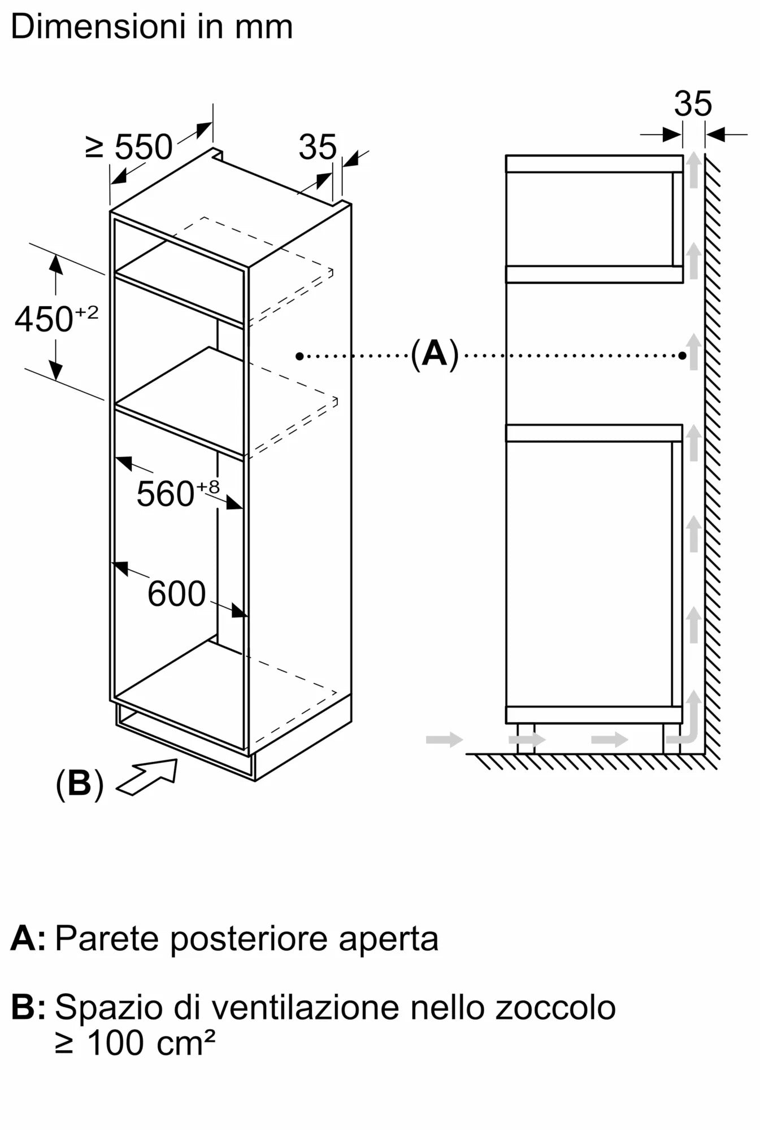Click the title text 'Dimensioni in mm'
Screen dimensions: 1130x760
151,27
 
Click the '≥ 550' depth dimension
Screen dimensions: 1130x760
129,147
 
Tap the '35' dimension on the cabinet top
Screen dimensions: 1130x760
317,147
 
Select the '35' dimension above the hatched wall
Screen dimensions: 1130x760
693,104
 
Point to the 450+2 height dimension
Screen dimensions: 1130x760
56,319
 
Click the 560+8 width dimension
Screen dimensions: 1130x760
177,493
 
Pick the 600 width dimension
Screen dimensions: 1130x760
176,594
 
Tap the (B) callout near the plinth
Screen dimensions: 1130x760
80,784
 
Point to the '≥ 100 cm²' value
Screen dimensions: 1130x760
135,1043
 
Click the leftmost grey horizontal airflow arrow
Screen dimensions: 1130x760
444,739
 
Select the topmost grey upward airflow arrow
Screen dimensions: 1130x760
693,169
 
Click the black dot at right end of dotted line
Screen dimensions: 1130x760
683,356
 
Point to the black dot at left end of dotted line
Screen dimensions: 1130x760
299,356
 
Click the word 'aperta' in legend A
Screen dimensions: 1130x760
389,938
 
